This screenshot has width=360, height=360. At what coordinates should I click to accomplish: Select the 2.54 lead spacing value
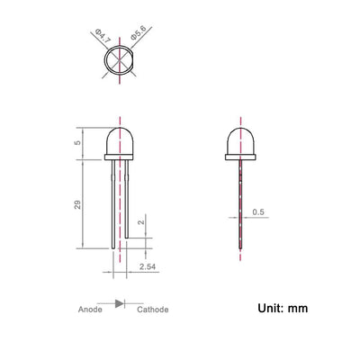148,267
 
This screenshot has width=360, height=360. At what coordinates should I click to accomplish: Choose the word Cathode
153,308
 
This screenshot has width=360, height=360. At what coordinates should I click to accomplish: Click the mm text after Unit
299,308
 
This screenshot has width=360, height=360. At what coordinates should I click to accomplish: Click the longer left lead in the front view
112,207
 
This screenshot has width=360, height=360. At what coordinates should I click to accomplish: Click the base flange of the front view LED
121,157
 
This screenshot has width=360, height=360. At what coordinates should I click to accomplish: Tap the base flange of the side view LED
239,157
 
